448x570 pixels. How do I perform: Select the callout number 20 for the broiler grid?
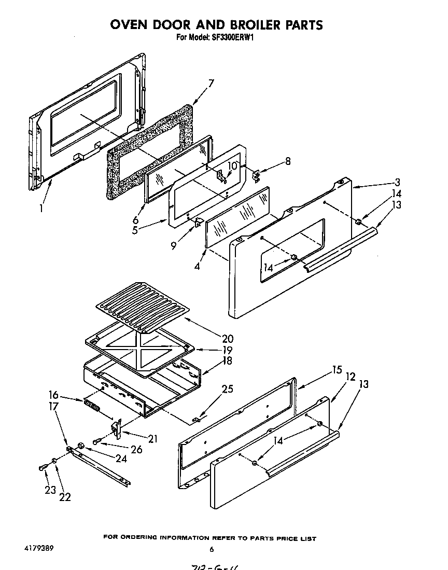coord(227,339)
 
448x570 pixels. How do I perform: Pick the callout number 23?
coord(50,489)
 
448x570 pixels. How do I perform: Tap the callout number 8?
coord(287,161)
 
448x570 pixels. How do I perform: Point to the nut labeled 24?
coord(81,446)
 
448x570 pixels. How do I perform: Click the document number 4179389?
coord(37,548)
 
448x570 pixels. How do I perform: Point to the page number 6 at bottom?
coord(212,549)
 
